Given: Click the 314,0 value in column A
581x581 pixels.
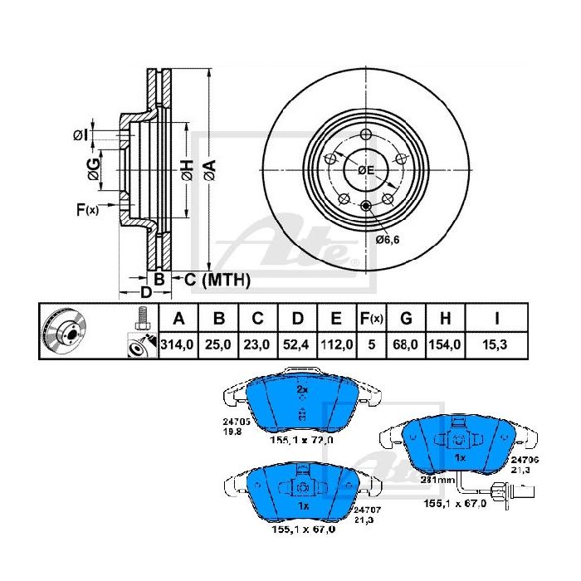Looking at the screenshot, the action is coord(177,345).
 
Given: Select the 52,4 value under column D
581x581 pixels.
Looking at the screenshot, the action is coord(295,345).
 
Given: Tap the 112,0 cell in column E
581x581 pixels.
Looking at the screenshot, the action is coord(336,345).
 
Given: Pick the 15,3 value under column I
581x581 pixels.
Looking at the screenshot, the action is coord(495,345).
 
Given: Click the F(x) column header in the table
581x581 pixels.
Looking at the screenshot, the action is coord(372,318).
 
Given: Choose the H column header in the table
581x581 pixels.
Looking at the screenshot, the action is coord(446,318).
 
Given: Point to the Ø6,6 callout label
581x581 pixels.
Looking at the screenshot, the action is coord(388,240).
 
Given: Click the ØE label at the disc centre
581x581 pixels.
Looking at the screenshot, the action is coord(366,170).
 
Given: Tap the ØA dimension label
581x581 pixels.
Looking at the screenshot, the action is coord(210,171).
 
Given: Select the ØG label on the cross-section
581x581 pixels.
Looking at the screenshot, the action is coord(94,169).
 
